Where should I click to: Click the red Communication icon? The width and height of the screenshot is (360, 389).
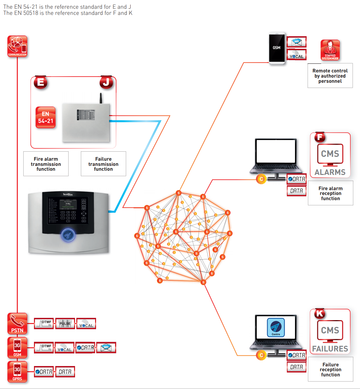click(x=17, y=47)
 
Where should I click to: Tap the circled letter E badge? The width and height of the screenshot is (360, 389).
click(x=41, y=82)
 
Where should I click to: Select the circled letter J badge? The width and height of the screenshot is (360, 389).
click(x=106, y=82)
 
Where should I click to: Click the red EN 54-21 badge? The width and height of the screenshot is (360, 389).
click(x=46, y=118)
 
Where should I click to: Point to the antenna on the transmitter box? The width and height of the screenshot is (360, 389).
click(x=101, y=98)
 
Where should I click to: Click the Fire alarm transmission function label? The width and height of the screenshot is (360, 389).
click(x=46, y=164)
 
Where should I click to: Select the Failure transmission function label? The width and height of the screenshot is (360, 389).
click(x=104, y=164)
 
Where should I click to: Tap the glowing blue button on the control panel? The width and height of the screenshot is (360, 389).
click(x=68, y=235)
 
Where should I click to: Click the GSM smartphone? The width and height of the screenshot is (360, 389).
click(x=277, y=48)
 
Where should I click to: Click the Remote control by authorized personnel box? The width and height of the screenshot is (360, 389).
click(x=330, y=76)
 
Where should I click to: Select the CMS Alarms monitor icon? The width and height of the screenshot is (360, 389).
click(x=330, y=156)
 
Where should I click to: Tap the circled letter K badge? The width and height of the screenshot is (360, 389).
click(x=320, y=313)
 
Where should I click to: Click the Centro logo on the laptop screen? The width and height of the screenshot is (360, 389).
click(x=276, y=327)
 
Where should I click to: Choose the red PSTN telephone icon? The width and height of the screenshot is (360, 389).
click(x=17, y=323)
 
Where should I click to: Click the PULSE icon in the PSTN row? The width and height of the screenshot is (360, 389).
click(x=65, y=323)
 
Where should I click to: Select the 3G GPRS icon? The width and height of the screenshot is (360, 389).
click(x=17, y=372)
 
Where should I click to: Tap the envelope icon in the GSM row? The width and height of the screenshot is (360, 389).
click(x=106, y=348)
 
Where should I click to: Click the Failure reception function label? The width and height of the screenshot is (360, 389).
click(x=330, y=370)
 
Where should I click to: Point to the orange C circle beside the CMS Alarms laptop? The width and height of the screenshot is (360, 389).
click(x=261, y=179)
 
